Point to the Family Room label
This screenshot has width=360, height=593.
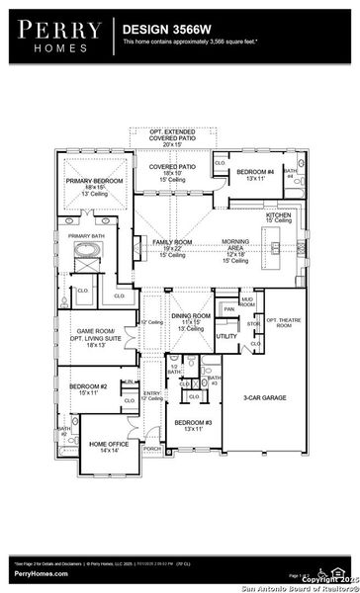(x=170, y=242)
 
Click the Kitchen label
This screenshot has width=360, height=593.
(x=277, y=213)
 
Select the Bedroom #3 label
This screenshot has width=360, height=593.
(x=193, y=426)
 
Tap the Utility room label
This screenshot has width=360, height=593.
(x=226, y=336)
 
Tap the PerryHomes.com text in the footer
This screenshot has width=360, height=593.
(x=41, y=573)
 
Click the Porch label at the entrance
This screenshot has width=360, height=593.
(x=152, y=448)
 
